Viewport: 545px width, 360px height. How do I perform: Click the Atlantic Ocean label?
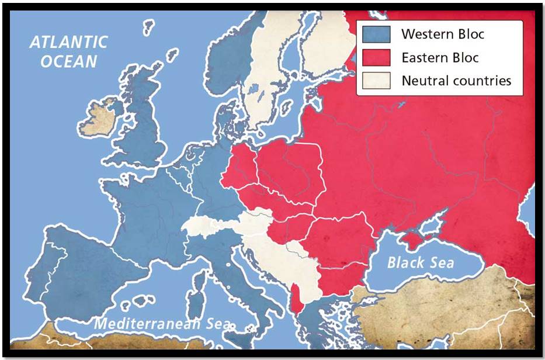[69, 51]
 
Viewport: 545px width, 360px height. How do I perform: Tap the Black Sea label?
[420, 262]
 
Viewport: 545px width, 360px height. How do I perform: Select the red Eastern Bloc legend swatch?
[376, 57]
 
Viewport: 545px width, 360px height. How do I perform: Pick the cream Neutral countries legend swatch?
[376, 80]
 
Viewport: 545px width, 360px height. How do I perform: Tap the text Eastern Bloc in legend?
[439, 57]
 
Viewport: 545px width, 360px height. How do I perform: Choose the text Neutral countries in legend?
[456, 80]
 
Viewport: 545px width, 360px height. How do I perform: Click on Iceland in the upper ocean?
[149, 26]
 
